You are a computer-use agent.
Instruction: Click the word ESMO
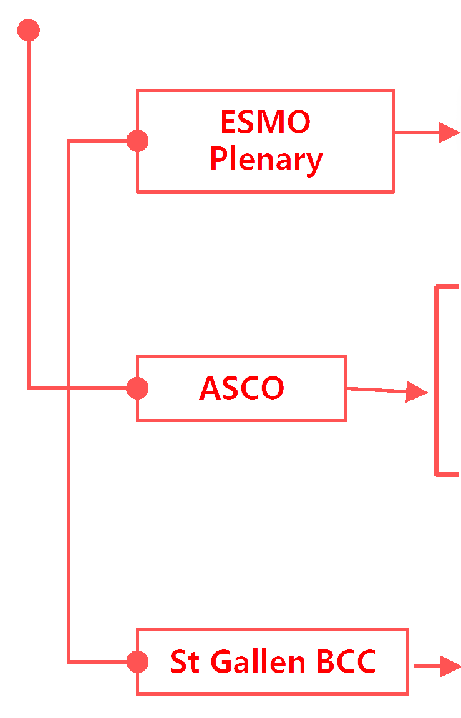(265, 122)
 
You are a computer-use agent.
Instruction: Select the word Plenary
(266, 160)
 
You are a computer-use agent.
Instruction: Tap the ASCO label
(241, 388)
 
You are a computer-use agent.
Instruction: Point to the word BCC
(346, 661)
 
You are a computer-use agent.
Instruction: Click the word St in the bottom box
(184, 661)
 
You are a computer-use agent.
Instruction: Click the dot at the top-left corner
(29, 30)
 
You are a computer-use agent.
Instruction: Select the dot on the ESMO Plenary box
(137, 141)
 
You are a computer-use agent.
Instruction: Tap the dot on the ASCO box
(137, 388)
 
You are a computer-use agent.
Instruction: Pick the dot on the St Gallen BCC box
(137, 661)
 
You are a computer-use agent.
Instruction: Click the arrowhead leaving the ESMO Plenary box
(449, 132)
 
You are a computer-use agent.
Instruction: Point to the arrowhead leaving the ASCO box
(416, 391)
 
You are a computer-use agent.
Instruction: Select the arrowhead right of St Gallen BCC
(450, 666)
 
